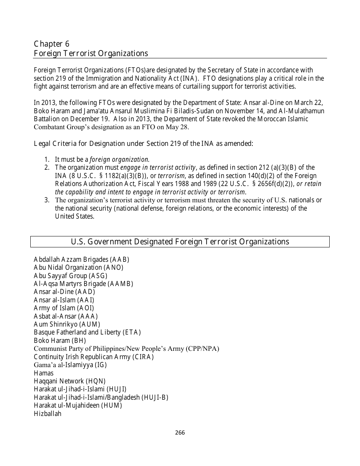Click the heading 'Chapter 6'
coord(52,44)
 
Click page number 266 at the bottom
coord(180,432)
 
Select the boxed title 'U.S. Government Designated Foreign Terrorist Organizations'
coord(180,242)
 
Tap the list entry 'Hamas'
coord(44,373)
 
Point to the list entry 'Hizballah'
coord(47,414)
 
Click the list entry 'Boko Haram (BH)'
coord(60,341)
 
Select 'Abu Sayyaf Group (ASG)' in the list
coord(70,276)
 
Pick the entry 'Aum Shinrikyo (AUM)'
coord(67,324)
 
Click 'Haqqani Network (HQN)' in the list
coord(70,381)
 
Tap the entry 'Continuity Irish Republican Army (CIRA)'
coord(94,357)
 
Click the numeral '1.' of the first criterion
coord(47,160)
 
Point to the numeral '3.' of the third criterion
coord(47,200)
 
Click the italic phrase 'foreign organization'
coord(119,160)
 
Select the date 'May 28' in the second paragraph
coord(178,127)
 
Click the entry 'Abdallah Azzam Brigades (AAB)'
coord(81,260)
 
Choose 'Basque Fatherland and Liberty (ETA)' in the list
coord(87,332)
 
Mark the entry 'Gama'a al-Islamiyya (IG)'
coord(70,365)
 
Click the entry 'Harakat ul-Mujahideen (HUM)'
coord(78,405)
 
